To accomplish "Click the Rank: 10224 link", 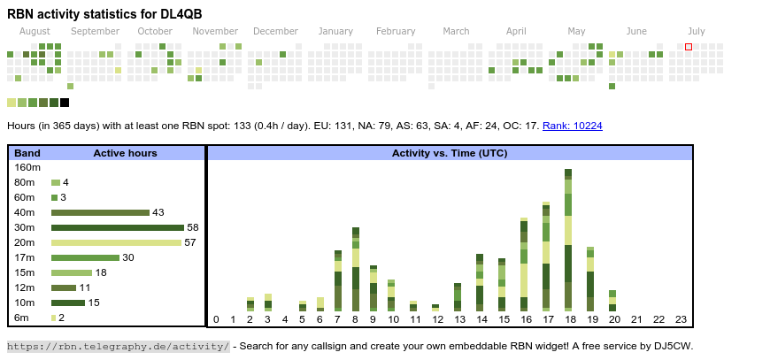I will [573, 126].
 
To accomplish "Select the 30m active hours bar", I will [117, 227].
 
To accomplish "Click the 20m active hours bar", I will [116, 242].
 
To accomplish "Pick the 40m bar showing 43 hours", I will [100, 212].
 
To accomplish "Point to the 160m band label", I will [27, 167].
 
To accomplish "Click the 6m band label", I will [21, 318].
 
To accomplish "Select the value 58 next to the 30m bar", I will [193, 227].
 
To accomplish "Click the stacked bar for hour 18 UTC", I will [568, 240].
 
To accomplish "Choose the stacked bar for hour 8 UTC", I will [356, 269].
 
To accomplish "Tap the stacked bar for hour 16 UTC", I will [524, 264].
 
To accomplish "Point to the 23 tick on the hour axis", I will [681, 319].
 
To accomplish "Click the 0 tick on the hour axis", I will [216, 319].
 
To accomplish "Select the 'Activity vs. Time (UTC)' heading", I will [450, 153].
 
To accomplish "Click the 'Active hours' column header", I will [125, 153].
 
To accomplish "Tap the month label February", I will [396, 31].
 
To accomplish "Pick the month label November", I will [215, 31].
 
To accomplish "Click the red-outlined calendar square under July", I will [689, 47].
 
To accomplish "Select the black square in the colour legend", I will [65, 103].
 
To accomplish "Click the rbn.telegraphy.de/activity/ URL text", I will [119, 346].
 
